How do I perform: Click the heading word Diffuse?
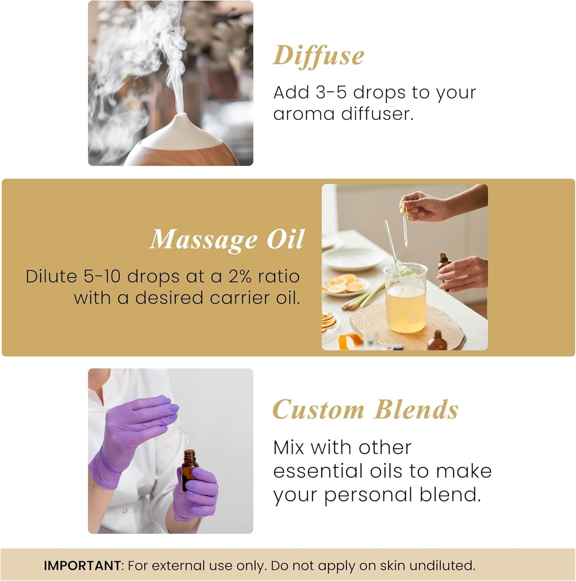click(318, 56)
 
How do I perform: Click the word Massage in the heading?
click(204, 240)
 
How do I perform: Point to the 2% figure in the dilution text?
click(240, 276)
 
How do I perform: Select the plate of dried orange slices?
click(345, 286)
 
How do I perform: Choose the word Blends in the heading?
click(416, 410)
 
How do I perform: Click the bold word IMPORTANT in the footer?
click(82, 565)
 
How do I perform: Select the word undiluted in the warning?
click(442, 565)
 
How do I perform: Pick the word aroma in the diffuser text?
click(303, 114)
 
